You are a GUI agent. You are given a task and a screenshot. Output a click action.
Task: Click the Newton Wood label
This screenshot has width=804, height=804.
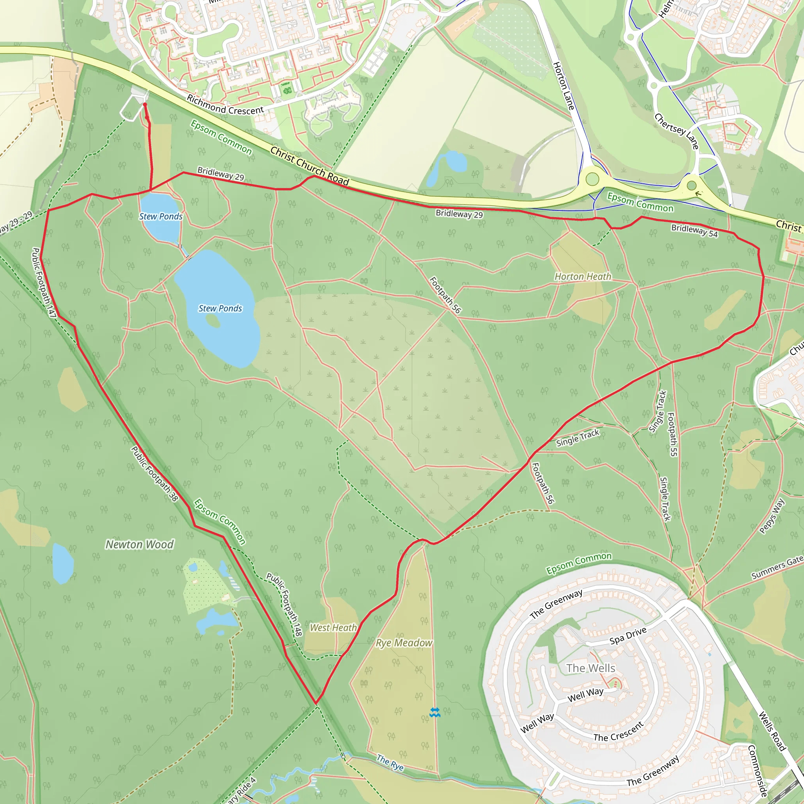[139, 545]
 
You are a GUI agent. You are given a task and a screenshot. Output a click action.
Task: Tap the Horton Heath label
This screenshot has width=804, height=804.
[583, 277]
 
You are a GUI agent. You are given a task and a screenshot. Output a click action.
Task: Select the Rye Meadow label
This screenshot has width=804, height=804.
[404, 643]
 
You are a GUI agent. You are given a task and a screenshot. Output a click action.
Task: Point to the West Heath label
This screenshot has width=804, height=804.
[333, 628]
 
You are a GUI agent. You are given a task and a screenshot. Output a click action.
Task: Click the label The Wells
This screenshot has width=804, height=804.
[590, 668]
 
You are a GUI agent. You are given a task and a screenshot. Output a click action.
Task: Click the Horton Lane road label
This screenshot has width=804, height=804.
[563, 86]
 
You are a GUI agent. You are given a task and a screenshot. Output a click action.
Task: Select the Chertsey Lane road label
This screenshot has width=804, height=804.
[676, 131]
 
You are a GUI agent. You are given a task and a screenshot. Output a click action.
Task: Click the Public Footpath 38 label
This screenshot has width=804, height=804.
[155, 474]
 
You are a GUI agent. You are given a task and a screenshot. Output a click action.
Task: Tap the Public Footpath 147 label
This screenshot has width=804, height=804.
[44, 283]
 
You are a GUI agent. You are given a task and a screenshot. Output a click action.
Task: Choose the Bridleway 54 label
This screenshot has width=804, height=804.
[694, 230]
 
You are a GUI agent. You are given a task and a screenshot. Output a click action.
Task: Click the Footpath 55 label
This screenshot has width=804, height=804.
[672, 434]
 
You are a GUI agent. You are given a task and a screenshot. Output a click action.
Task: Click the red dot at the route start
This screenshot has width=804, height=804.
[145, 104]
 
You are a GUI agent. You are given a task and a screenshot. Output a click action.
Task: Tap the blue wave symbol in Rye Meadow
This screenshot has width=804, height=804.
[435, 713]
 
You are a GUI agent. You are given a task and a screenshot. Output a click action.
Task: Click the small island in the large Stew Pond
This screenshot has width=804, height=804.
[213, 320]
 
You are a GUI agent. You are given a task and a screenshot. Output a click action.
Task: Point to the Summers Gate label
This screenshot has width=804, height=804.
[777, 568]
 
